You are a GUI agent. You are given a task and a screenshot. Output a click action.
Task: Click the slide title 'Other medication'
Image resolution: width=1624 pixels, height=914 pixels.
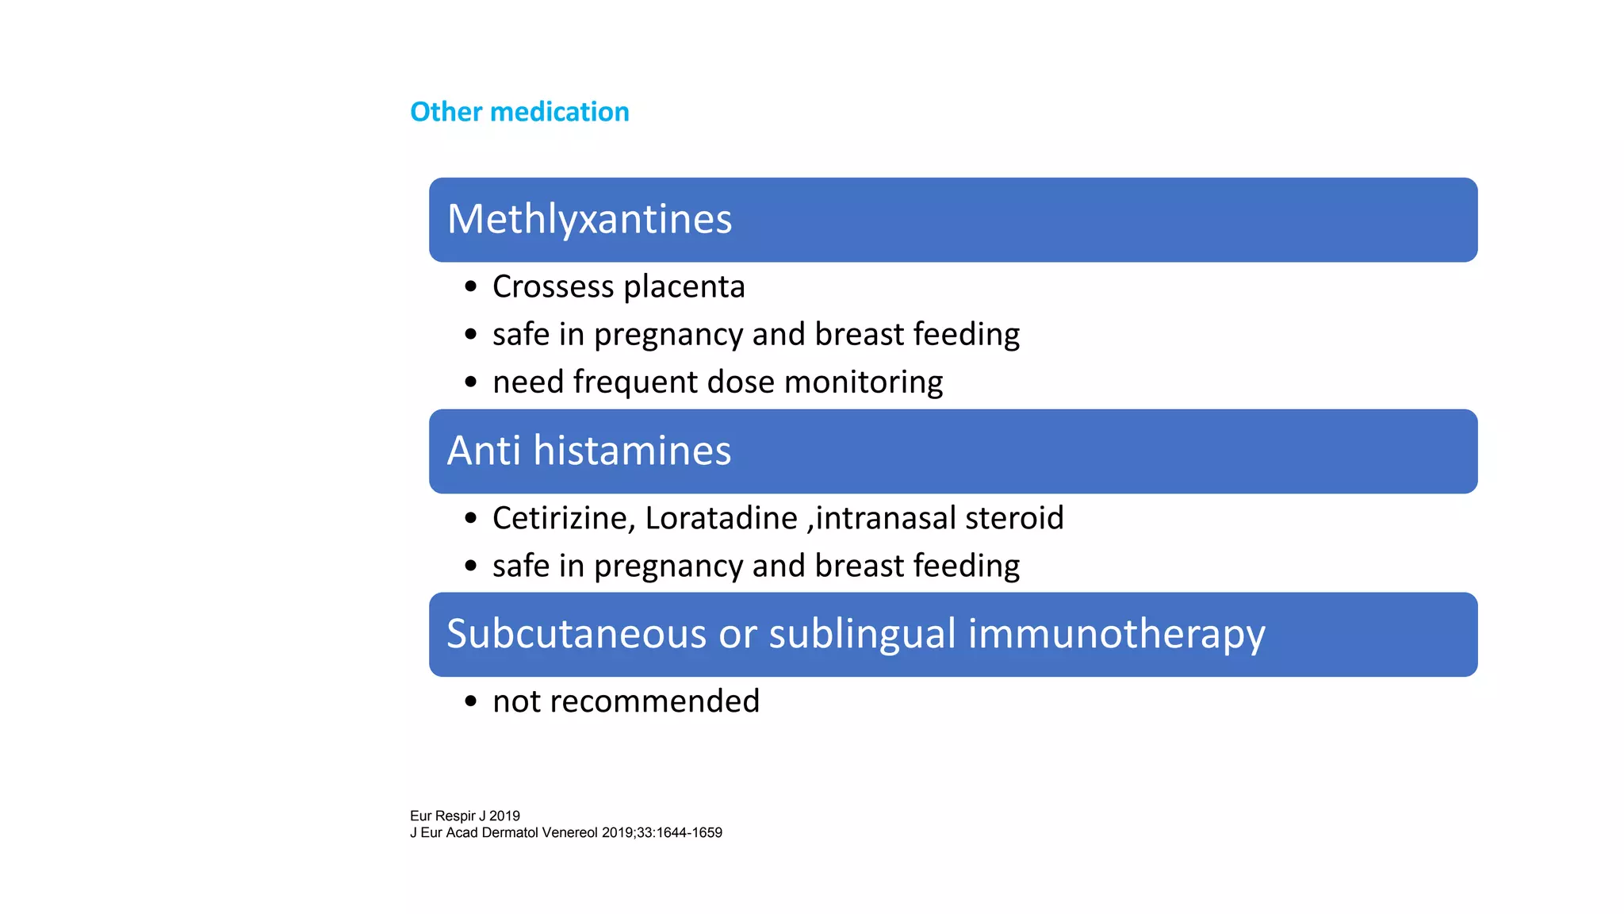(x=519, y=112)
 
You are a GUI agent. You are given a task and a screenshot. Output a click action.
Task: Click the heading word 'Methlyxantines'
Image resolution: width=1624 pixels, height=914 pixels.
(x=589, y=219)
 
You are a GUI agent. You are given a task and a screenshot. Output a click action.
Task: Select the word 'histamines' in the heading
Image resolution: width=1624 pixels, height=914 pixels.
(x=632, y=451)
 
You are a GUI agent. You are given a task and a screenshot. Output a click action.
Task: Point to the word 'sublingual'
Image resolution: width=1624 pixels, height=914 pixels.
(x=862, y=634)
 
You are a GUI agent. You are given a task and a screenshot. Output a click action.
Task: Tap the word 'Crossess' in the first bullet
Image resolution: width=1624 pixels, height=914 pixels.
(x=553, y=286)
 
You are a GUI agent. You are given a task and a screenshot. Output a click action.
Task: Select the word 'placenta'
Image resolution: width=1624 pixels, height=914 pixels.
(x=684, y=286)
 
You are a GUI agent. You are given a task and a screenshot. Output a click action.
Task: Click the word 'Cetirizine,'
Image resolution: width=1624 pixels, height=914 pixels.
(x=564, y=518)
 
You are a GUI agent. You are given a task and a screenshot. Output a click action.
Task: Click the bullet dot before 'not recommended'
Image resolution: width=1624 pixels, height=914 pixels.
(x=471, y=701)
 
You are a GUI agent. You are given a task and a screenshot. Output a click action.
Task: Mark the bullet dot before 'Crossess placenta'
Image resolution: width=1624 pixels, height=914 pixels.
(x=471, y=286)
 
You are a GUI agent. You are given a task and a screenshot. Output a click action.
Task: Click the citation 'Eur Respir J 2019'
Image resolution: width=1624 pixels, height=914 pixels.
(x=465, y=816)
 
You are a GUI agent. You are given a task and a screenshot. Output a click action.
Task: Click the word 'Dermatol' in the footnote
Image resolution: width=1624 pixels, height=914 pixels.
(x=510, y=832)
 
